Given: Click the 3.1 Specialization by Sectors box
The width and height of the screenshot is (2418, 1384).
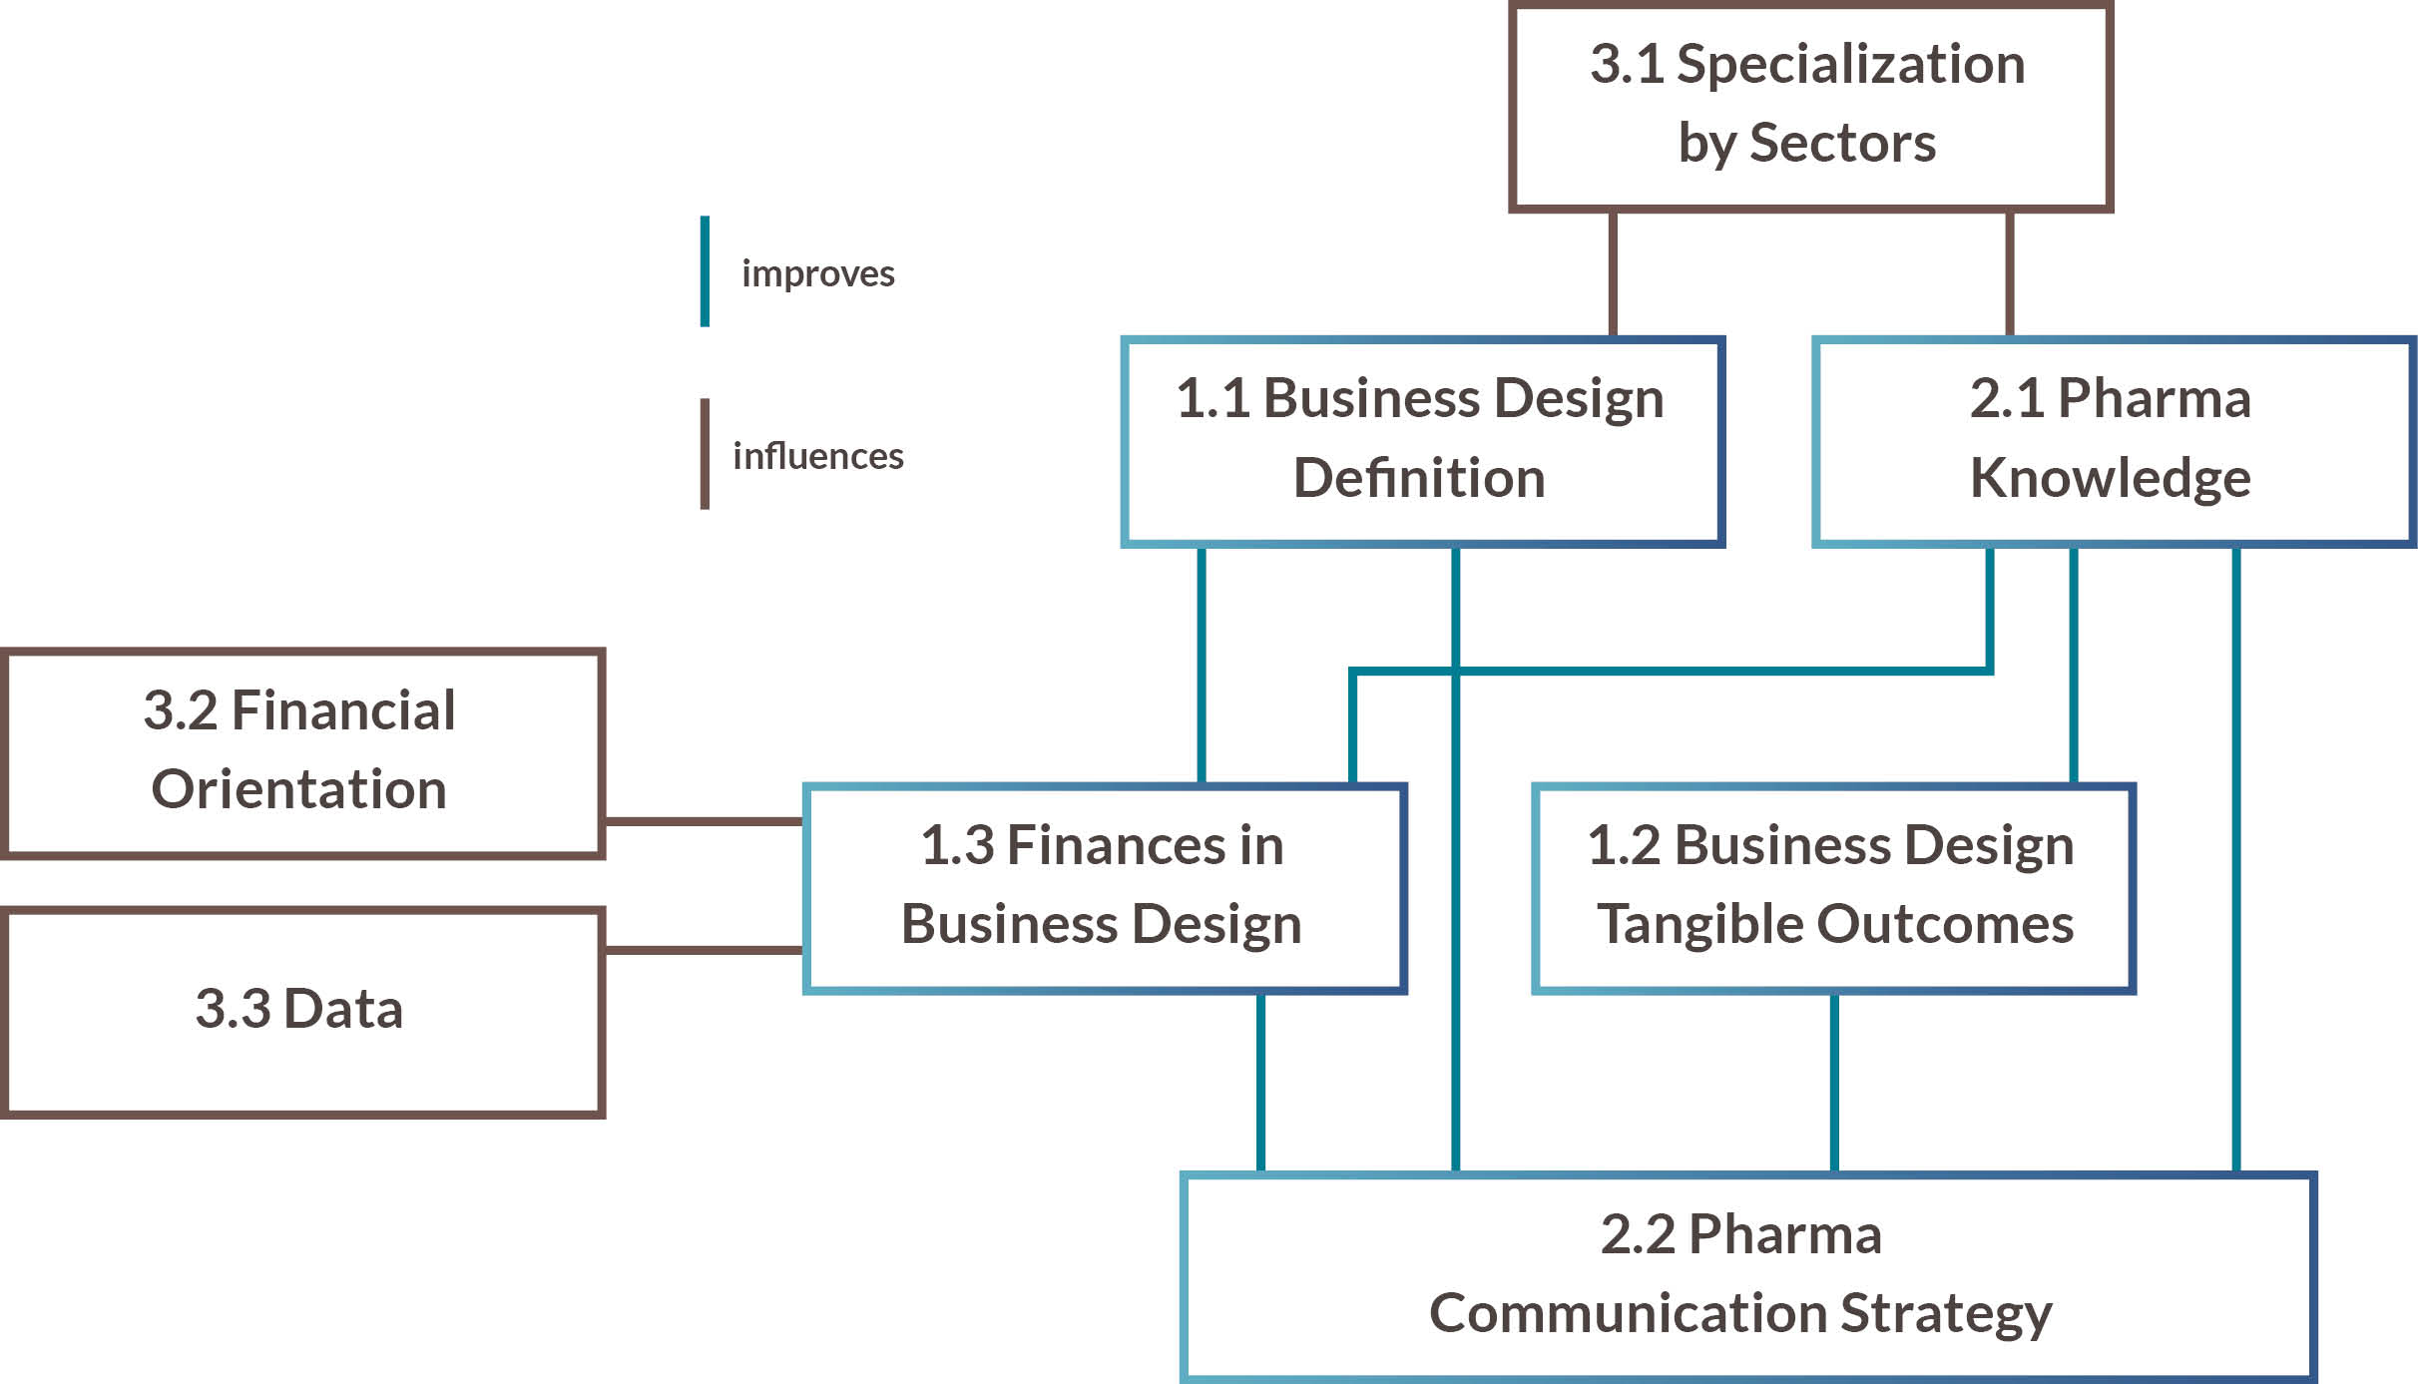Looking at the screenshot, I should coord(1809,105).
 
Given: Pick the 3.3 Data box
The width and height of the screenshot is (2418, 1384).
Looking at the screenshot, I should coord(301,1010).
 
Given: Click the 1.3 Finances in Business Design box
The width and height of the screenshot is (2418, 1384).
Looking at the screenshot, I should coord(1104,886).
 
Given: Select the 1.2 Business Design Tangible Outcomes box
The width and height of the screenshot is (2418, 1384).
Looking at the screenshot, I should coord(1832,886).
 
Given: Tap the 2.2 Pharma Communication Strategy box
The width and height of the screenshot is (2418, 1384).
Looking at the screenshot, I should coord(1746,1275).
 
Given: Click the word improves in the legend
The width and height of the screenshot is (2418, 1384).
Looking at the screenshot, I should coord(817,273).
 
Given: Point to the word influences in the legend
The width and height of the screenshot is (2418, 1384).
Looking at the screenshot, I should coord(817,456).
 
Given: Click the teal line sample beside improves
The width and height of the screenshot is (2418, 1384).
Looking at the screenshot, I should coord(705,271).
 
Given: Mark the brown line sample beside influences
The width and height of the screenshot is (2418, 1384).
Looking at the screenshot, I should coord(705,454).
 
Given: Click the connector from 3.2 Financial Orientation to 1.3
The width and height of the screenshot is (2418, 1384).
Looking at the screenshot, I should coord(704,821).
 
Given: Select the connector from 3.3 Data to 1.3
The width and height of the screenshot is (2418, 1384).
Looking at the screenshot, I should coord(704,950).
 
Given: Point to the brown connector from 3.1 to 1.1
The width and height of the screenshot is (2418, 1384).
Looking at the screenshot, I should coord(1613,273).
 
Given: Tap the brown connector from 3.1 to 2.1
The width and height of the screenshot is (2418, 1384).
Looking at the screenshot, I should coord(2009,273).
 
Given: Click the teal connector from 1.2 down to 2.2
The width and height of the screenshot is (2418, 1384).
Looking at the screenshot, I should coord(1834,1083).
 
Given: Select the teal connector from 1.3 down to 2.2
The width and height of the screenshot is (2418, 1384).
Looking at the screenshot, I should coord(1260,1083).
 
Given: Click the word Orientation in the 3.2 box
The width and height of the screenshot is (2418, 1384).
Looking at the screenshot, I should coord(298,789).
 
